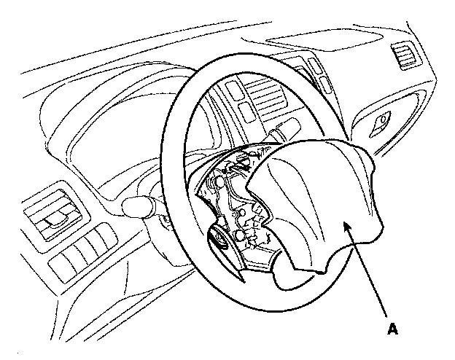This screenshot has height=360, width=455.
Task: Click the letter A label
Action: (x=393, y=329)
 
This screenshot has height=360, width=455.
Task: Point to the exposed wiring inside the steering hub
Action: (x=226, y=182)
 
